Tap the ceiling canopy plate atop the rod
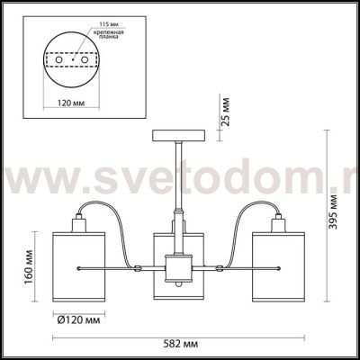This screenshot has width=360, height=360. coord(177,134)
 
